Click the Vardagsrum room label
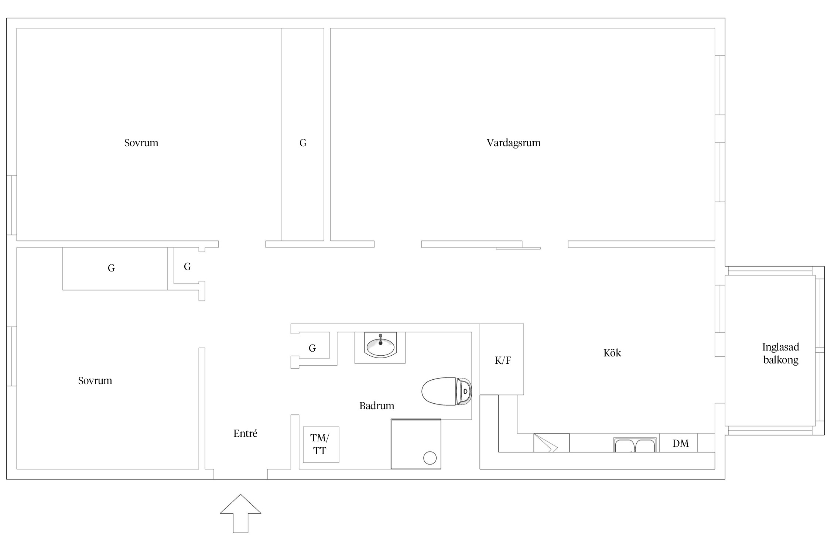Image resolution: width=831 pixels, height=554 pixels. pos(513,143)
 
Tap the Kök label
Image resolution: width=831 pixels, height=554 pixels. pos(612,353)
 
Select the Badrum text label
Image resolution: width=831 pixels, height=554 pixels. pos(377,406)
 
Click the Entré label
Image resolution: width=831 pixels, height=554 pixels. pos(245,433)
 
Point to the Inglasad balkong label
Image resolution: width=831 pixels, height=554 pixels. pos(781,353)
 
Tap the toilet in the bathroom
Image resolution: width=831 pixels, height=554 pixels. pos(447,391)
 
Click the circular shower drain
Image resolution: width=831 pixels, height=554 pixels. pos(430,458)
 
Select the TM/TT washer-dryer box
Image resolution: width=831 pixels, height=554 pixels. pos(321,444)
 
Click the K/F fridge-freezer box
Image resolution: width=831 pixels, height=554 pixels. pos(502,359)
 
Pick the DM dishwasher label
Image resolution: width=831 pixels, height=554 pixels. pos(680,443)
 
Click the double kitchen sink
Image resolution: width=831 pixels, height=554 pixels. pos(635,445)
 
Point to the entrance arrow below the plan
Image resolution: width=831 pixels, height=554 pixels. pos(240,513)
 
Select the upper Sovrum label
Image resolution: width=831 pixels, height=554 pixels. pos(141,143)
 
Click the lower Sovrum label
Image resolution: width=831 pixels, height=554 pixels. pos(95,381)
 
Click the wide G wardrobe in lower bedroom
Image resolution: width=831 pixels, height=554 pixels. pos(115,269)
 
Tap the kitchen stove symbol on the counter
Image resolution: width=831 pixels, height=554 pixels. pos(551,443)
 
